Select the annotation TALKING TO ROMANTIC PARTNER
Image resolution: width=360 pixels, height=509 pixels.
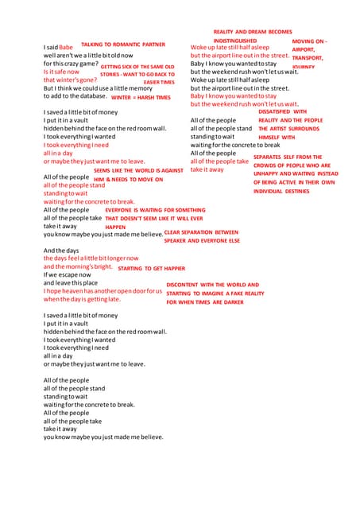pyautogui.click(x=123, y=45)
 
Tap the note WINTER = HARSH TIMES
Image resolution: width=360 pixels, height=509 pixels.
pyautogui.click(x=141, y=97)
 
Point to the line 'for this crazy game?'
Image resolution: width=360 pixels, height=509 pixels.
pyautogui.click(x=72, y=64)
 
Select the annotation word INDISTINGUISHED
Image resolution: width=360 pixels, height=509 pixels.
pyautogui.click(x=235, y=40)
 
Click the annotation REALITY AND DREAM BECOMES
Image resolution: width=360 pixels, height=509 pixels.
pyautogui.click(x=253, y=31)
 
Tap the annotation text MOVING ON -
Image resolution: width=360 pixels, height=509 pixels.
pyautogui.click(x=309, y=41)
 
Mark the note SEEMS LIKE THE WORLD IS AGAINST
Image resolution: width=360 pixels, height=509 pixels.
pyautogui.click(x=138, y=171)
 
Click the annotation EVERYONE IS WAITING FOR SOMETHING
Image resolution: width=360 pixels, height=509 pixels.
pyautogui.click(x=155, y=210)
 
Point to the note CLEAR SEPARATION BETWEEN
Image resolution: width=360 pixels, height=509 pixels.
pyautogui.click(x=201, y=232)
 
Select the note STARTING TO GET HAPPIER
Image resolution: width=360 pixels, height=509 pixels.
pyautogui.click(x=151, y=269)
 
